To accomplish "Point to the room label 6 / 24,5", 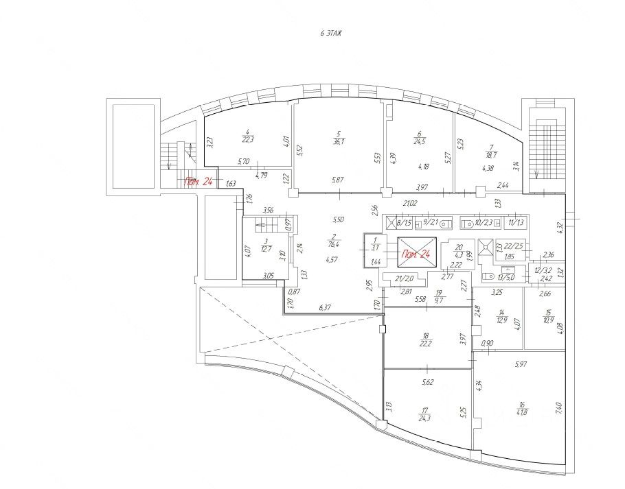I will (x=419, y=139).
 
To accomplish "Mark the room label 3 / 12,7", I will (x=266, y=246).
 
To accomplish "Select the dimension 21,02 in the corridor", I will (x=411, y=203).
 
